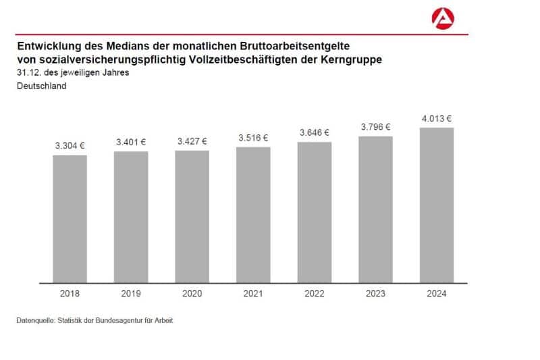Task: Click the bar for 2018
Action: (70, 219)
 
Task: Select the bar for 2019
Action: (131, 217)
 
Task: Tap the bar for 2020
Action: (192, 216)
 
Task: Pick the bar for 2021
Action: (253, 215)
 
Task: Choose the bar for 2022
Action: (315, 212)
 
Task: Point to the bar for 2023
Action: (375, 209)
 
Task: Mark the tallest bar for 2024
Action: (437, 205)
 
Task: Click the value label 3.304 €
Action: (70, 145)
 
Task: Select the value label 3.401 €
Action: (131, 142)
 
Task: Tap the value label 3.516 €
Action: (253, 138)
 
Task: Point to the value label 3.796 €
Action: (376, 126)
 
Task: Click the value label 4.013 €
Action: (437, 118)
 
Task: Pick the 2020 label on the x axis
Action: (192, 294)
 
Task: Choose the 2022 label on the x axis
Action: (315, 294)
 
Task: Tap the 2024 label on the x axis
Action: (437, 294)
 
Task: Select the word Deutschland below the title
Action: (41, 86)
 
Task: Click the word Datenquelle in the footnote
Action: (33, 320)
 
